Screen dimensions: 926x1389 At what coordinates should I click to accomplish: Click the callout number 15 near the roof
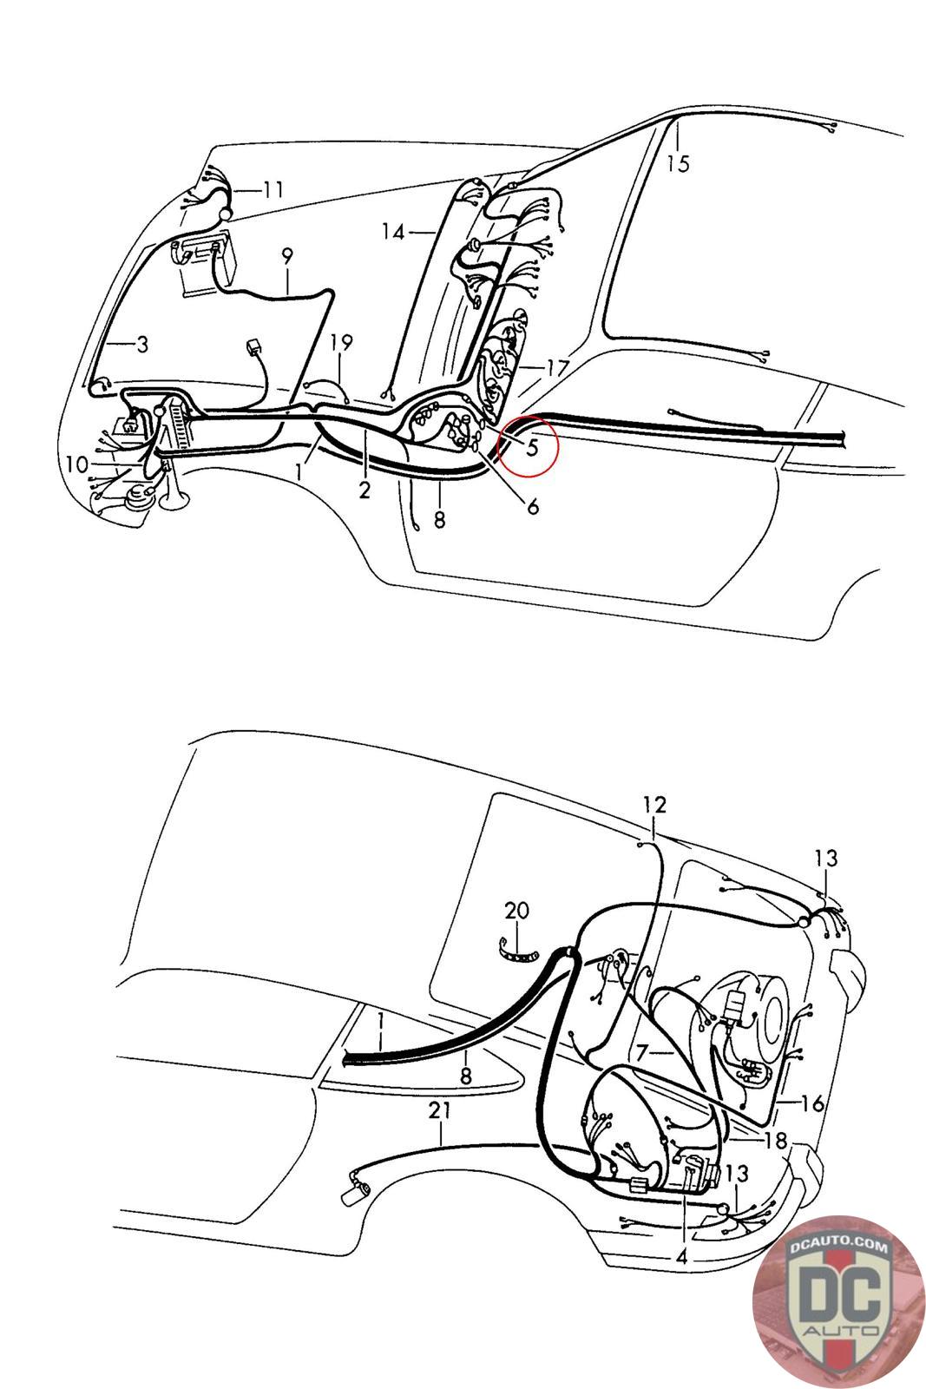679,162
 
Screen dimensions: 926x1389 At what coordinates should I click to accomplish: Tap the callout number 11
273,189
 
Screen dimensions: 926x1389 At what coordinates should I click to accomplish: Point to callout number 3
142,345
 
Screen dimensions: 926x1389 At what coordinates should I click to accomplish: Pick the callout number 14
393,232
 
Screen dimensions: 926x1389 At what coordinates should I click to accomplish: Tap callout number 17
556,368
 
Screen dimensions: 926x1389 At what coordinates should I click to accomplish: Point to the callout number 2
364,490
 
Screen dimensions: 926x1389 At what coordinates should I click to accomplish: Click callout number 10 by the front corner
76,464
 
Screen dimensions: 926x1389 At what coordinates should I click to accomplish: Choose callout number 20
516,911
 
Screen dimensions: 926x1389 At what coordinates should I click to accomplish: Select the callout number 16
813,1103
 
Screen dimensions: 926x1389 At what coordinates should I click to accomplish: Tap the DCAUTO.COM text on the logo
839,1246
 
